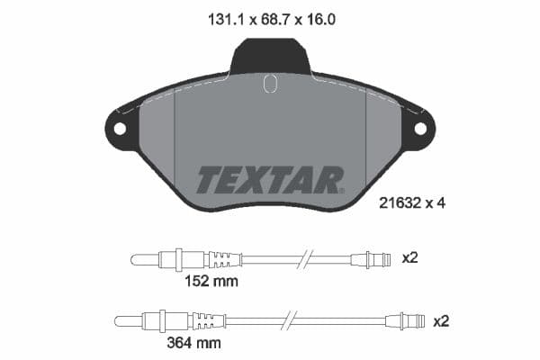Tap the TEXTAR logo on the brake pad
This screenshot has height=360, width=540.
point(269,180)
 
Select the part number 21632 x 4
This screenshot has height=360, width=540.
point(408,203)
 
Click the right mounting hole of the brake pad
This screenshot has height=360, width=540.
point(419,128)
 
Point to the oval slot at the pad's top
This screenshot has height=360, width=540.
point(269,84)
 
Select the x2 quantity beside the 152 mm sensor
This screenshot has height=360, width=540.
point(410,258)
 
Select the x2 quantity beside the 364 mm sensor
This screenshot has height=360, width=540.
point(441,320)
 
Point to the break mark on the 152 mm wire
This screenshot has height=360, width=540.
point(309,259)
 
